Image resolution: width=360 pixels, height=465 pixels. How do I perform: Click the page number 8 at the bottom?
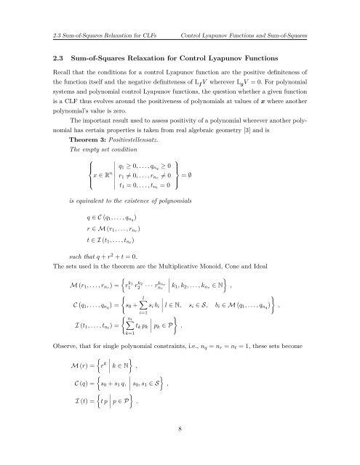tap(180, 429)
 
